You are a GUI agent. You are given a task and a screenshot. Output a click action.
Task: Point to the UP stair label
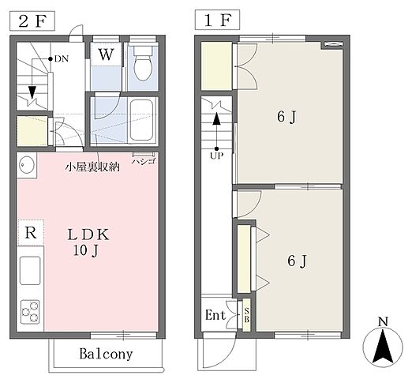tap(216, 155)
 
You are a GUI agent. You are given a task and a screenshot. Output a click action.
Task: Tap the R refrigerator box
tap(29, 234)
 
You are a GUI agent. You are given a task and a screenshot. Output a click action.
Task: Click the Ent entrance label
tap(215, 315)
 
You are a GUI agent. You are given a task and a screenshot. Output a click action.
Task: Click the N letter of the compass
tap(382, 321)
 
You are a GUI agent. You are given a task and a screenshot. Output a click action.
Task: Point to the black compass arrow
tap(382, 347)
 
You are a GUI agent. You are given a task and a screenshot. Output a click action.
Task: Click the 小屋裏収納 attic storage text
tap(92, 167)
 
